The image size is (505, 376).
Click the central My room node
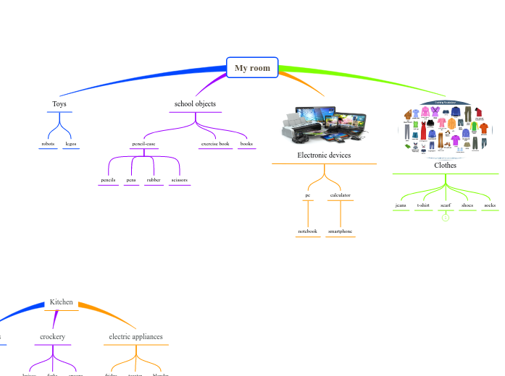[x=252, y=68]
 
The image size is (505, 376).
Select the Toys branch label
[x=59, y=104]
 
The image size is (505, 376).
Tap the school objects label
[x=195, y=104]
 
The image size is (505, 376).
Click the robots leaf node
[x=48, y=144]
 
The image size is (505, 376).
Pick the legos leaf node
[x=70, y=144]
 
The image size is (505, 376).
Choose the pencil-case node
[x=143, y=144]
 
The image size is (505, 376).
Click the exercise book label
[x=215, y=144]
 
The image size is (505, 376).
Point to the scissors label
[x=179, y=179]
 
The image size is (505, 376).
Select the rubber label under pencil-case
[x=154, y=179]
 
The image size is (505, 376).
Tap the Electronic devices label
[x=324, y=155]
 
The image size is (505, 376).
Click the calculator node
[x=340, y=195]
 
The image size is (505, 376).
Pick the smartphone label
[x=340, y=231]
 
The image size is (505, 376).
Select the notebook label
[x=308, y=231]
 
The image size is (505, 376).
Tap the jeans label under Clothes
[x=401, y=205]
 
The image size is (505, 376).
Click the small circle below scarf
[x=446, y=218]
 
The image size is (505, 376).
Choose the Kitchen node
[x=61, y=302]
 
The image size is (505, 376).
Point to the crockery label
[x=52, y=337]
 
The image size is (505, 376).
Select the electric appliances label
[x=135, y=337]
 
